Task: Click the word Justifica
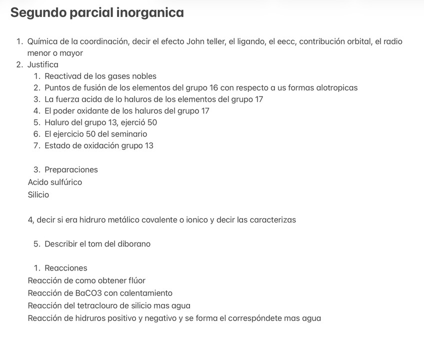43,64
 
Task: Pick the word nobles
143,76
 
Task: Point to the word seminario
128,134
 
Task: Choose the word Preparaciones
71,169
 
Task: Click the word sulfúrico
66,182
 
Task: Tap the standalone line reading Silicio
38,194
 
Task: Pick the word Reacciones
65,268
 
